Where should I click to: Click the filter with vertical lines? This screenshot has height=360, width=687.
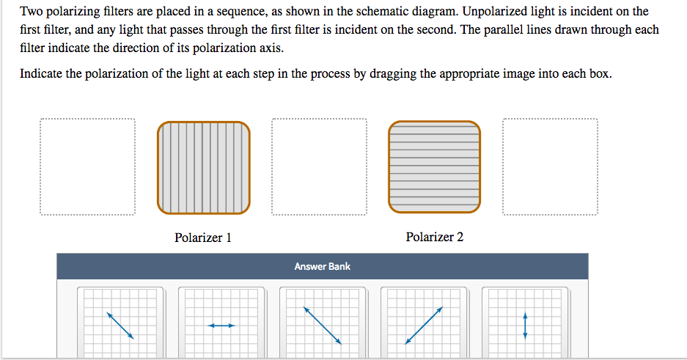pyautogui.click(x=203, y=168)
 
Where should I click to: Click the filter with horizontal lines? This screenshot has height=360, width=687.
pyautogui.click(x=435, y=168)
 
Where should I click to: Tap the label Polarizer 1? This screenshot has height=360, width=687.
pyautogui.click(x=203, y=238)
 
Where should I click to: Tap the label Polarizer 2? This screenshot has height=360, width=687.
pyautogui.click(x=435, y=237)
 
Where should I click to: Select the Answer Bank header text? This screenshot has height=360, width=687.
pyautogui.click(x=323, y=266)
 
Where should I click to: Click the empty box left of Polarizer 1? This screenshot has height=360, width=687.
pyautogui.click(x=88, y=167)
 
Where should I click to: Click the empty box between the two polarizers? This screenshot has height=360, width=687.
pyautogui.click(x=319, y=167)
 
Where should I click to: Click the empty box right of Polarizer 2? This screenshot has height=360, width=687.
pyautogui.click(x=551, y=167)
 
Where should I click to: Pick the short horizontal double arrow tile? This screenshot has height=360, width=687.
pyautogui.click(x=221, y=325)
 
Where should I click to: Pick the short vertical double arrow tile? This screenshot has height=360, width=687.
pyautogui.click(x=525, y=324)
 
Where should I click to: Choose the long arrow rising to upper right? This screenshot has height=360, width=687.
pyautogui.click(x=424, y=325)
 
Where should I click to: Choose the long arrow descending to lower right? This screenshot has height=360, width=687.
pyautogui.click(x=323, y=325)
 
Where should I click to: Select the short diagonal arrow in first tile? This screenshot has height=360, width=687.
pyautogui.click(x=120, y=325)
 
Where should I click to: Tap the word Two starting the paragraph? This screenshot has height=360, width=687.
pyautogui.click(x=32, y=12)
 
